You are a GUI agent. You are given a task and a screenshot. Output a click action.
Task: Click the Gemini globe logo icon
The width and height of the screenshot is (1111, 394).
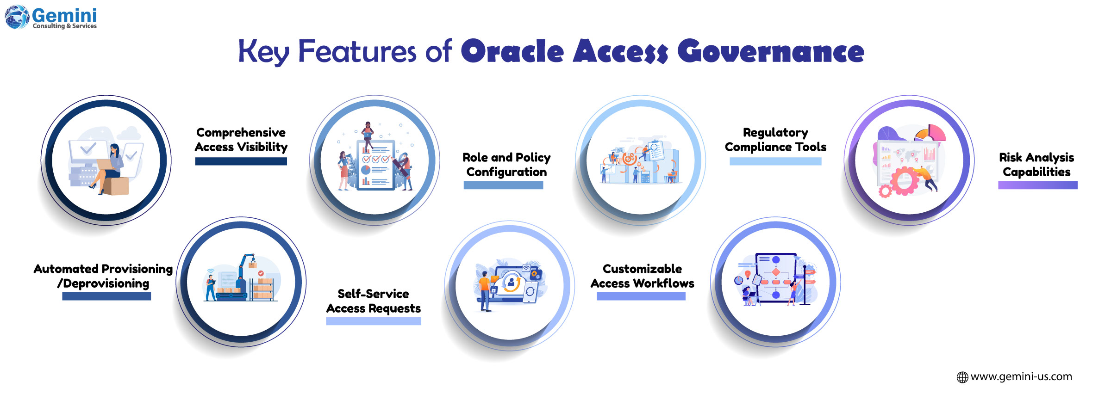17,17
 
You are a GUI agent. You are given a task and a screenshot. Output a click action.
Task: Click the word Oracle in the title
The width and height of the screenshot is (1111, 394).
512,51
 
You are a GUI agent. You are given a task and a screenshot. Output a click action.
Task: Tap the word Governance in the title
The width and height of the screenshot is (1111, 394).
771,51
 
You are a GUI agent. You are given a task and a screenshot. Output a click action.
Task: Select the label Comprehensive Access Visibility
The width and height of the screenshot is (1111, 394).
241,140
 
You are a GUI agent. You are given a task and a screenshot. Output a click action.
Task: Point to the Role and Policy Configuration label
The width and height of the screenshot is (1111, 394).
506,165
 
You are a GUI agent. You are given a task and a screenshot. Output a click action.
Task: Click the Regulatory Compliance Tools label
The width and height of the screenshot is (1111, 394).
775,140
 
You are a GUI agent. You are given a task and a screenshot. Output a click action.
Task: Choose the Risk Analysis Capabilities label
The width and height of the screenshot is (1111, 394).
1036,165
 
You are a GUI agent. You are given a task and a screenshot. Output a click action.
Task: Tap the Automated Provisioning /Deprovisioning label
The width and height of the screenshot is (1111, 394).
103,276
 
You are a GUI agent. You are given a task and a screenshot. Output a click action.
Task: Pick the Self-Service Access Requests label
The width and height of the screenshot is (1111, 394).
373,301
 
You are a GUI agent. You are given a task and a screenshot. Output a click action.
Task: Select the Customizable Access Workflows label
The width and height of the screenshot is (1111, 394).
642,276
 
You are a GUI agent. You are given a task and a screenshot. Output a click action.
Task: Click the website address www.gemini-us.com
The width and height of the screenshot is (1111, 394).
1021,376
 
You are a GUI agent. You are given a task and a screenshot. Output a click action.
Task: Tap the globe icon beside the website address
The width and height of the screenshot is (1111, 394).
962,377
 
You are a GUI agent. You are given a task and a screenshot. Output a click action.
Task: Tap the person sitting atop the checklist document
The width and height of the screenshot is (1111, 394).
368,134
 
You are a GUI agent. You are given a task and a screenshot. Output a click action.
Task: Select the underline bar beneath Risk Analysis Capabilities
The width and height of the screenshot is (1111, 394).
1037,185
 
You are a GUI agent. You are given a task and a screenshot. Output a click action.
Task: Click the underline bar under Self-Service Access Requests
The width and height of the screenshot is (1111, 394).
373,321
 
